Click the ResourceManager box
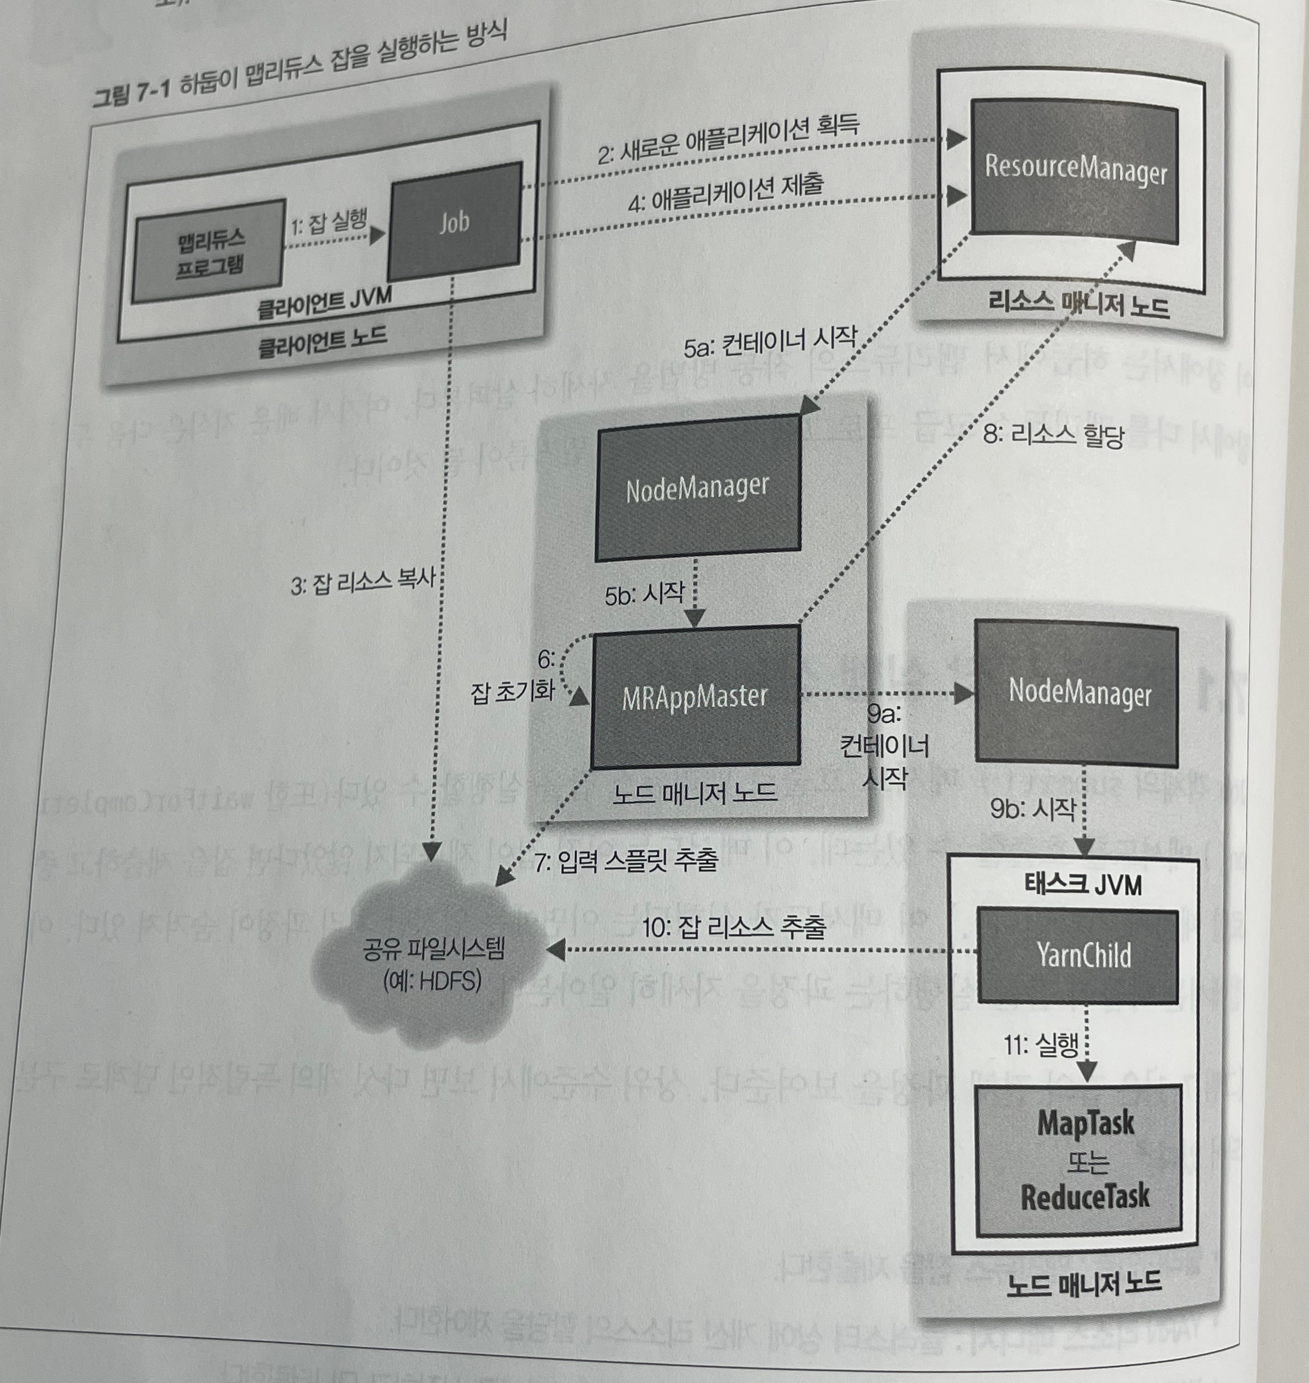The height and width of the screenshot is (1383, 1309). tap(1074, 171)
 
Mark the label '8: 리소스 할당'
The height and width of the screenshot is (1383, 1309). tap(1054, 436)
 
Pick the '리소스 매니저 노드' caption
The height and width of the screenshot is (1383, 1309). tap(1078, 305)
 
